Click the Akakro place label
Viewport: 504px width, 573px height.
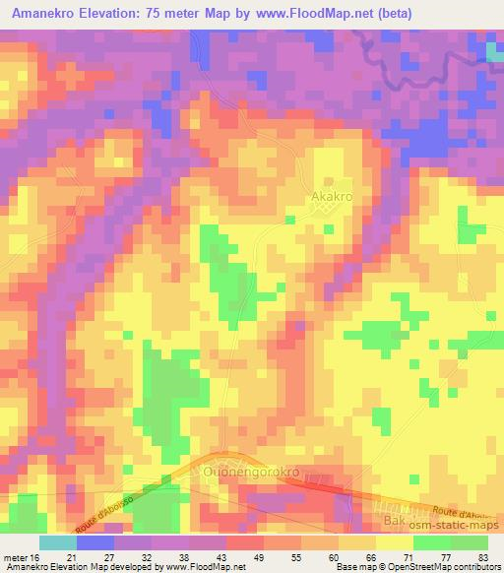(x=332, y=197)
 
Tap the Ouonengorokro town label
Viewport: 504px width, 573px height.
(x=250, y=473)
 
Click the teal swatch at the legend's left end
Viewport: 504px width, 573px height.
(x=59, y=542)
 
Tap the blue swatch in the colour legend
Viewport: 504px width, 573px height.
(x=95, y=542)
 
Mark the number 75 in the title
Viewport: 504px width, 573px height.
(x=165, y=14)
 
